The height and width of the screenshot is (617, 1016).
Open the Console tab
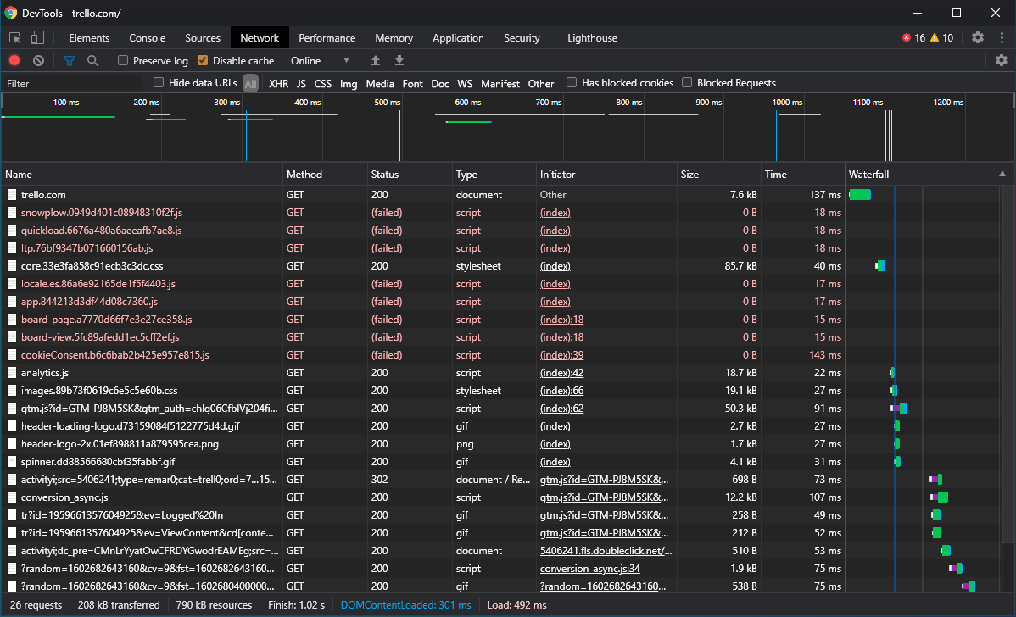[x=147, y=38]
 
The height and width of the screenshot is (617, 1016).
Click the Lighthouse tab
[x=592, y=38]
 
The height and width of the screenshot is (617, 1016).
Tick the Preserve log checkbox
[x=123, y=60]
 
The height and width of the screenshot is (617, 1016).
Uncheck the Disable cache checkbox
[x=203, y=60]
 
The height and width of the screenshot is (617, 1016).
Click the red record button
[x=14, y=60]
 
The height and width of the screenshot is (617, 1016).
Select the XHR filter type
[x=279, y=84]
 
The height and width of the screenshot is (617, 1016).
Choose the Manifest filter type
[x=500, y=84]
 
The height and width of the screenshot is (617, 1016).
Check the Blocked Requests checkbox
[x=687, y=82]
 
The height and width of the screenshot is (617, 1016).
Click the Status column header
[x=385, y=174]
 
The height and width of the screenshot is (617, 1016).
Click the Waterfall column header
[x=869, y=174]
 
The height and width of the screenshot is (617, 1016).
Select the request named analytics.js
[x=45, y=373]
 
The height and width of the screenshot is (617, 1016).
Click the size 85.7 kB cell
[x=740, y=266]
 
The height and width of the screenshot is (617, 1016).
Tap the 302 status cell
[x=380, y=480]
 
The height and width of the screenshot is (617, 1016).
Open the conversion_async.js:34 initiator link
[x=590, y=569]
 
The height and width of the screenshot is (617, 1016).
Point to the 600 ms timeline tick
[x=468, y=103]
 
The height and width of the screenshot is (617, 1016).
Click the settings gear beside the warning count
[x=978, y=37]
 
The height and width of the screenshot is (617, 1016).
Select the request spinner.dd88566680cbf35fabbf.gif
[x=98, y=462]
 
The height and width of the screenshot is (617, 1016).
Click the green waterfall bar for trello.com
[x=860, y=194]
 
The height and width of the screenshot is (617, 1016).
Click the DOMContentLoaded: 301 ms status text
[x=405, y=604]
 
